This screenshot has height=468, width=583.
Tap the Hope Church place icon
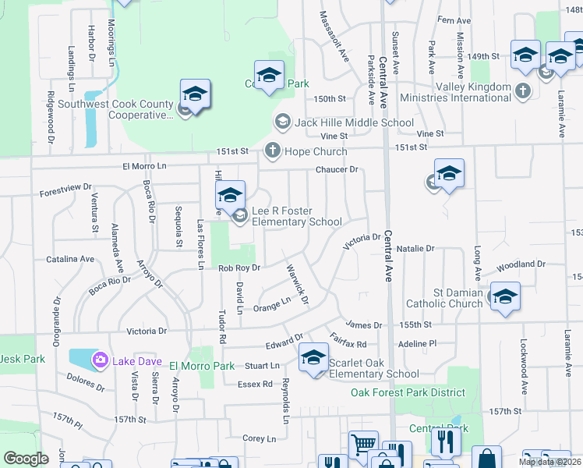click(x=273, y=151)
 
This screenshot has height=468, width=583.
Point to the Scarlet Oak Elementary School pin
click(x=314, y=358)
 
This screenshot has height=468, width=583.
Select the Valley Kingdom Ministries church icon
click(x=523, y=92)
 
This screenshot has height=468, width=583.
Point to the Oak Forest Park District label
click(x=408, y=392)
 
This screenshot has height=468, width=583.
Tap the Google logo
click(x=26, y=459)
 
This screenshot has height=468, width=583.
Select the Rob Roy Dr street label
click(x=238, y=268)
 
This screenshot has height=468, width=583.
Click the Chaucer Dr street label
click(x=337, y=169)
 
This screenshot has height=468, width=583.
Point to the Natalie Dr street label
click(x=415, y=249)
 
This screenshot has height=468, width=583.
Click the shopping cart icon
click(x=363, y=444)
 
